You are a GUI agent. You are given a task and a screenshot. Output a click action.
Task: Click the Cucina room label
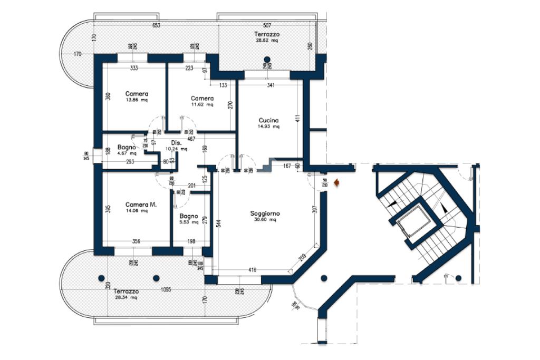click(x=268, y=120)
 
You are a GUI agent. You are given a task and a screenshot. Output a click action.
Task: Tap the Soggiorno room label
click(x=265, y=213)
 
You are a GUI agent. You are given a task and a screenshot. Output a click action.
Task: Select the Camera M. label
click(x=141, y=204)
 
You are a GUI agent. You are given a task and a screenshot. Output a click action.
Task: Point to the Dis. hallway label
click(x=177, y=143)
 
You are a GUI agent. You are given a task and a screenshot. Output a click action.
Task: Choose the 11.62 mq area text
click(x=202, y=104)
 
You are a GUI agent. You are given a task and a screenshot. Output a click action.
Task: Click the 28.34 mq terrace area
click(x=126, y=297)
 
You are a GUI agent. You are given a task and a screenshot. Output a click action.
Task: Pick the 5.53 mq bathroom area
click(x=188, y=222)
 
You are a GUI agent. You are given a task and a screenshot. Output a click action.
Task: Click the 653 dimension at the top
click(x=156, y=25)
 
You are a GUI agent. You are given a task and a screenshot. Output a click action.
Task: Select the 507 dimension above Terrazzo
click(x=267, y=25)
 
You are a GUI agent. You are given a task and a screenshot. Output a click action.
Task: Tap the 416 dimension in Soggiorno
click(x=253, y=270)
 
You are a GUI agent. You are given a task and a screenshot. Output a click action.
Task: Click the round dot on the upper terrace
click(x=267, y=59)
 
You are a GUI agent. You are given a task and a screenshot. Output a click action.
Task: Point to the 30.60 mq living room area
click(x=265, y=220)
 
